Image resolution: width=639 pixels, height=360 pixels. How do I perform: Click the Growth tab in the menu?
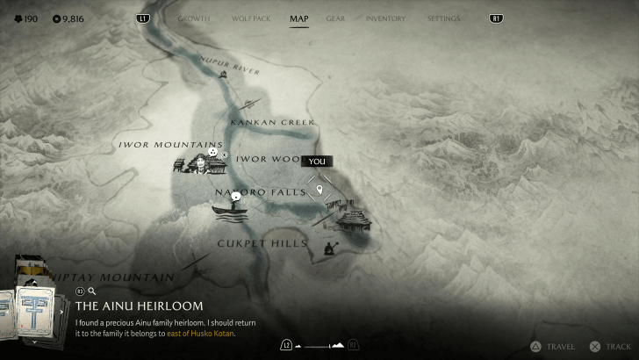tap(194, 18)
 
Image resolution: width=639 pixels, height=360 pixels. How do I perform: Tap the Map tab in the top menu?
tap(298, 18)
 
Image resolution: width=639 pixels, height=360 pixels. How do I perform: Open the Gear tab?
tap(335, 18)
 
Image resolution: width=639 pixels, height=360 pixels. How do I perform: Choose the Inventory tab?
tap(385, 18)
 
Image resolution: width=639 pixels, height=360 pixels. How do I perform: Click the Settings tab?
tap(443, 18)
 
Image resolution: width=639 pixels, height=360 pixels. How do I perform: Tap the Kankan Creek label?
tap(271, 123)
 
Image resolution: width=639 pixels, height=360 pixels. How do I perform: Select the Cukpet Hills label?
tap(262, 243)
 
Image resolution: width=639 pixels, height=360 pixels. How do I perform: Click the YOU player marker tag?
tap(317, 162)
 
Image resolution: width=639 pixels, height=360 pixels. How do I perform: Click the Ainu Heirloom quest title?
tap(139, 306)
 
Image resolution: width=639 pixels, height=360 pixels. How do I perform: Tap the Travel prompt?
tap(553, 347)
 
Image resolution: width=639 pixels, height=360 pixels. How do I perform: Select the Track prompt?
tap(611, 347)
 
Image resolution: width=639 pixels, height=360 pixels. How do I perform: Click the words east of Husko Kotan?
tap(201, 334)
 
